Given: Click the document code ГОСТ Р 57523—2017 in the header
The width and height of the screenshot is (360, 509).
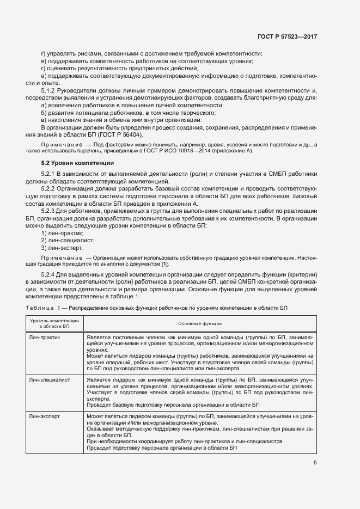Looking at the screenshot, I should tap(287, 37).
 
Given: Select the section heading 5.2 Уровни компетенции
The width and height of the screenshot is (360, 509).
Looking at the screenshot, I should tap(78, 163).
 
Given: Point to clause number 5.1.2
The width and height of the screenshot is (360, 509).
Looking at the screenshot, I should tap(50, 90).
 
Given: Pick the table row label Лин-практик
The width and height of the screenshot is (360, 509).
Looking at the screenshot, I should tap(46, 338).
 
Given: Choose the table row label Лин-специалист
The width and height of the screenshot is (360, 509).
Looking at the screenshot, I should tap(50, 379).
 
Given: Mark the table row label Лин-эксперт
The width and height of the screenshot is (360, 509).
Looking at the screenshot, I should tap(46, 415).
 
